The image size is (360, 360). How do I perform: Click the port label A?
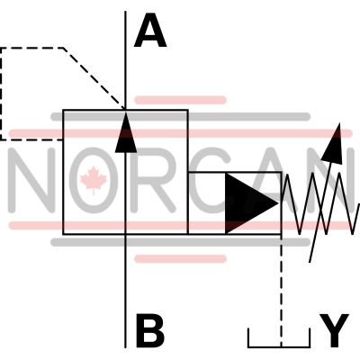pos(150,31)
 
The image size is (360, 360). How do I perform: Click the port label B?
pos(150,330)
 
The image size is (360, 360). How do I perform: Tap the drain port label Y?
pos(334,330)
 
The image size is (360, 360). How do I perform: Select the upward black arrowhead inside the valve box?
pos(126,132)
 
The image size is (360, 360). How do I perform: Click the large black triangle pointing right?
pos(251,203)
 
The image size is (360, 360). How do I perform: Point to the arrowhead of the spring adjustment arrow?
pos(334,144)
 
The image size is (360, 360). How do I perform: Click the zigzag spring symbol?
pos(320,203)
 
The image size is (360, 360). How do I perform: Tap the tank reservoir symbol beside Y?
pos(279,342)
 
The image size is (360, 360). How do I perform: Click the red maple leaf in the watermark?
pos(94,180)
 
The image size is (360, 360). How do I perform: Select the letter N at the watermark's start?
pos(31,180)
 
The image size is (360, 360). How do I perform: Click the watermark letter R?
pos(153,180)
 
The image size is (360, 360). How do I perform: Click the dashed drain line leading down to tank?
pos(281,291)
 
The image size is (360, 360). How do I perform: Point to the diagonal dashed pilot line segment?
pos(94,78)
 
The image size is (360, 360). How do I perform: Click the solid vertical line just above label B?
pos(125,291)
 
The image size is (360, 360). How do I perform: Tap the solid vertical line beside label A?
pos(125,60)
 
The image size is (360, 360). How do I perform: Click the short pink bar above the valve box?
pos(180,100)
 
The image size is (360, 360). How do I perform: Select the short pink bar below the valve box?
pos(180,258)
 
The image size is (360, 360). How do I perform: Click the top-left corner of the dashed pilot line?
pos(2,49)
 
